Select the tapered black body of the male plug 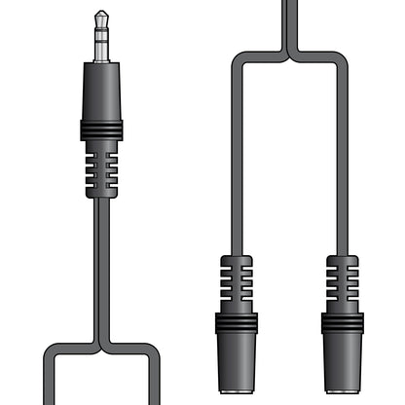pos(101,92)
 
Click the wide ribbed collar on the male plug pos(101,129)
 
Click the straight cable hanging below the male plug pos(101,263)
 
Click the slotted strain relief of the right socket pos(342,283)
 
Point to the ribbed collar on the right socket pos(342,322)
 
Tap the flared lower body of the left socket pos(237,365)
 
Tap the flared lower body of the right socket pos(342,365)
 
